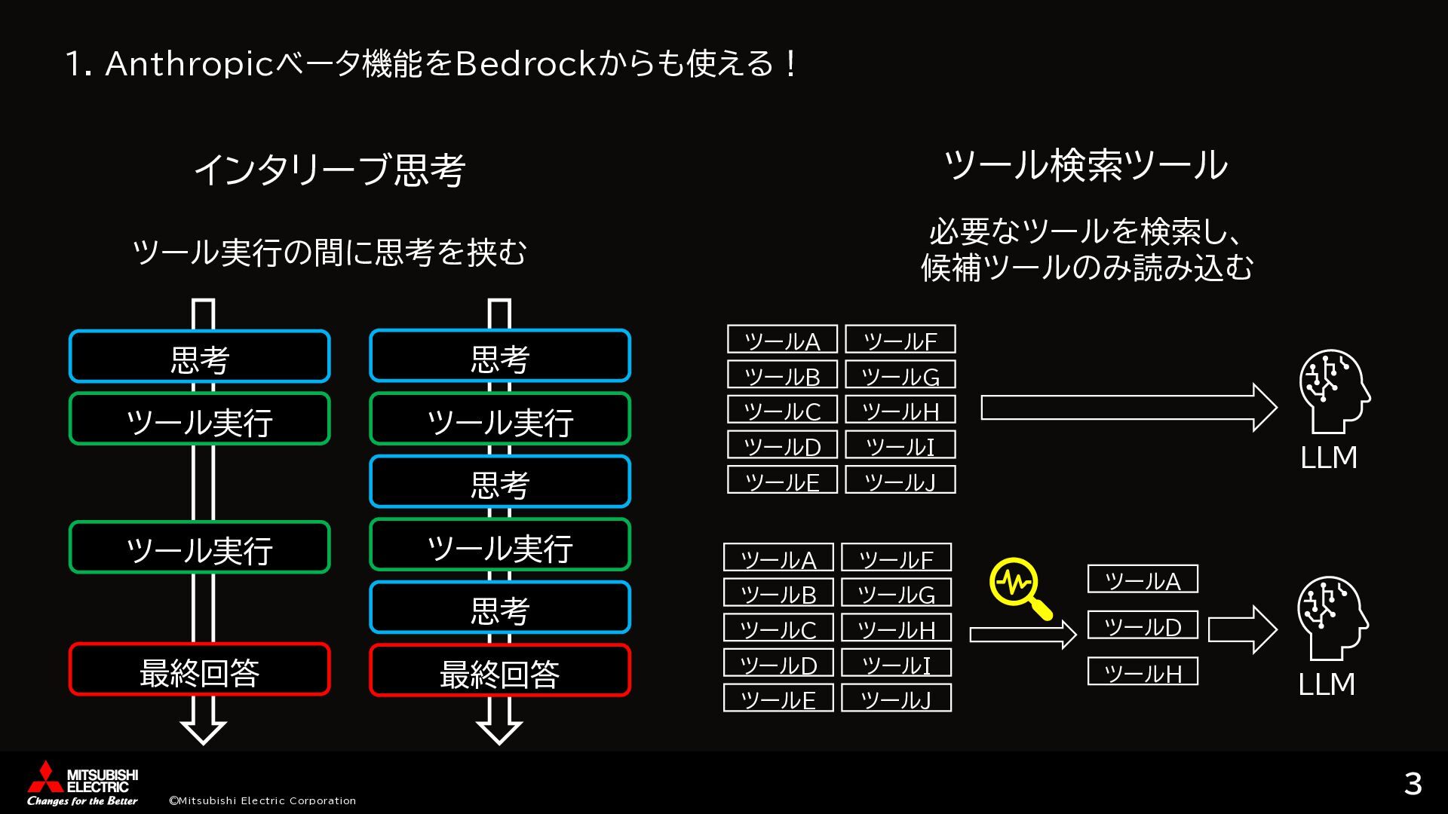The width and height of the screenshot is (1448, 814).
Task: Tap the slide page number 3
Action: coord(1413,784)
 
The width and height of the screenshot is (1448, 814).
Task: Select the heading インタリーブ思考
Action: coord(330,170)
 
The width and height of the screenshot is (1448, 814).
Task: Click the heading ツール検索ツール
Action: coord(1086,165)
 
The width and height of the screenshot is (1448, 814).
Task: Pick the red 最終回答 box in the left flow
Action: coord(200,669)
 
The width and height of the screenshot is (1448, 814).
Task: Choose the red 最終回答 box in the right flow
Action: coord(499,671)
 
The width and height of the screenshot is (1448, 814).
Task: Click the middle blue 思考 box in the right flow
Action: coord(499,482)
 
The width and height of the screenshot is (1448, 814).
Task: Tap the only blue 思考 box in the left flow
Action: coord(200,357)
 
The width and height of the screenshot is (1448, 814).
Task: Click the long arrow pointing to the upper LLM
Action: coord(1127,408)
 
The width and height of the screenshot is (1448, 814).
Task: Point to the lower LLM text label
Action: coord(1327,684)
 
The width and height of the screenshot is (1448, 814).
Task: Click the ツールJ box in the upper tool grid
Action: coord(900,480)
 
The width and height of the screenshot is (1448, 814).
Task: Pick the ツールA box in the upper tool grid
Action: coord(782,339)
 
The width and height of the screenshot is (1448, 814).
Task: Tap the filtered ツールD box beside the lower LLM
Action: coord(1143,626)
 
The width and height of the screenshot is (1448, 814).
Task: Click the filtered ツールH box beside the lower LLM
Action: coord(1143,672)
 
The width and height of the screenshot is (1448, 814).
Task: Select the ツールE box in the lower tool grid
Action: coord(778,698)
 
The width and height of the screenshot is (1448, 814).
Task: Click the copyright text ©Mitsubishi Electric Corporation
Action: coord(262,800)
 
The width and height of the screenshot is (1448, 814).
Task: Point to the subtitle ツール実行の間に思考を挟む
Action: coord(330,252)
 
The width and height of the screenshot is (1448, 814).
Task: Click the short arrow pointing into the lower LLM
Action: coord(1241,629)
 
